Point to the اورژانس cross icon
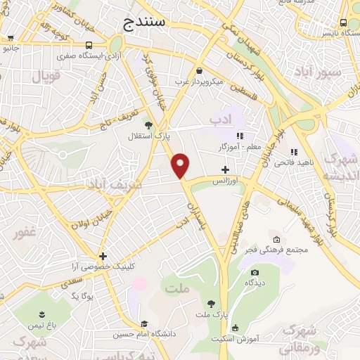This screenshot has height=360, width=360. coord(225,169)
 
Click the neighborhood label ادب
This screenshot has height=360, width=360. coord(221,120)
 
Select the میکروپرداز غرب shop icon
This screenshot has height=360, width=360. coord(200,70)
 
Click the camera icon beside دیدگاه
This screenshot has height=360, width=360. coord(255,272)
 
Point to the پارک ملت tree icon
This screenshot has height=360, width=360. coord(211,303)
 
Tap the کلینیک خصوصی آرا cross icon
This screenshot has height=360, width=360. coord(103,256)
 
